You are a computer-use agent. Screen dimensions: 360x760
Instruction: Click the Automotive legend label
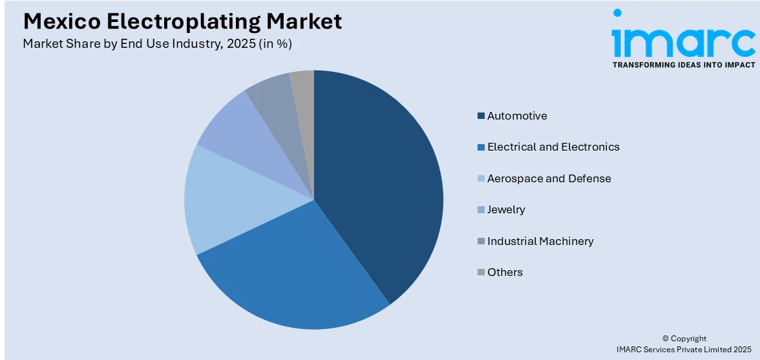click(x=517, y=116)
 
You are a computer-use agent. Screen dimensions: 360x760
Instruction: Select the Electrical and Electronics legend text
click(x=553, y=147)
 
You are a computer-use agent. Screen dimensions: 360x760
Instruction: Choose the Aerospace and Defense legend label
click(x=549, y=178)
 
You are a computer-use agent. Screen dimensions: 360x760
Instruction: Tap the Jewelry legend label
click(x=506, y=209)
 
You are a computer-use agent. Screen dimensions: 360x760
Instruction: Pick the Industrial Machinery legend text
click(x=540, y=241)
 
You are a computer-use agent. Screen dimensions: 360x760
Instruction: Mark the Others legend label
click(x=505, y=272)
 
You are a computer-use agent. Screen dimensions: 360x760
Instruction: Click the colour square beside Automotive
click(x=481, y=116)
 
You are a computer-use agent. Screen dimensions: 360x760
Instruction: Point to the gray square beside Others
click(x=481, y=272)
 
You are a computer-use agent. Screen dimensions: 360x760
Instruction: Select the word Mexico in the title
click(x=61, y=22)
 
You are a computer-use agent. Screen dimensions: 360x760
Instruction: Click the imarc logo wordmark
click(x=684, y=40)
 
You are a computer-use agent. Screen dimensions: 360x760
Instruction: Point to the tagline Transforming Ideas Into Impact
click(x=684, y=65)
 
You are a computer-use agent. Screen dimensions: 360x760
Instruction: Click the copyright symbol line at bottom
click(x=684, y=339)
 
